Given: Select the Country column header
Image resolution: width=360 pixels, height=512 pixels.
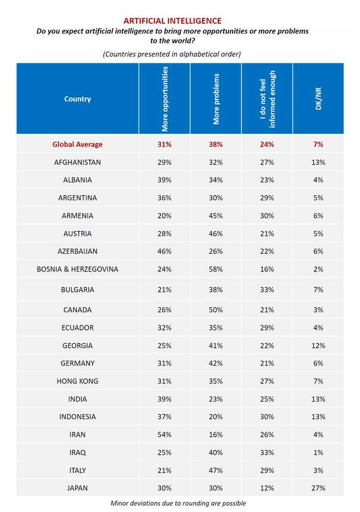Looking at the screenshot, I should pyautogui.click(x=77, y=99).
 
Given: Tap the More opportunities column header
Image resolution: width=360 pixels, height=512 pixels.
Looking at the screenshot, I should pyautogui.click(x=165, y=98).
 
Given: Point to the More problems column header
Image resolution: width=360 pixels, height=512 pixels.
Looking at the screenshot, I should pyautogui.click(x=216, y=98).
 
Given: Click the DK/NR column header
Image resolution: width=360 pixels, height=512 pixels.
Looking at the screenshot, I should pyautogui.click(x=318, y=99).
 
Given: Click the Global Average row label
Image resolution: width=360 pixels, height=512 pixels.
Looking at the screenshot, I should pyautogui.click(x=77, y=144).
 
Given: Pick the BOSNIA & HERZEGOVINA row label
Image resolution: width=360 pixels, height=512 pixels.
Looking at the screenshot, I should pyautogui.click(x=77, y=269).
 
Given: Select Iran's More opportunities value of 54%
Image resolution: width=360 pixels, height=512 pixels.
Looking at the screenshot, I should pyautogui.click(x=164, y=435).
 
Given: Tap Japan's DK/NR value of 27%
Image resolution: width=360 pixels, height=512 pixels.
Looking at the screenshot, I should pyautogui.click(x=318, y=488).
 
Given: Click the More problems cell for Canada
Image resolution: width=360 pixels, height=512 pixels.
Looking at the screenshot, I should pyautogui.click(x=216, y=310).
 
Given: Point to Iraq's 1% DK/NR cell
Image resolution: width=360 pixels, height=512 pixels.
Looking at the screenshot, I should pyautogui.click(x=318, y=452).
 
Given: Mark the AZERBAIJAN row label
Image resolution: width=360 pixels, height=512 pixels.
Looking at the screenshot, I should pyautogui.click(x=77, y=251).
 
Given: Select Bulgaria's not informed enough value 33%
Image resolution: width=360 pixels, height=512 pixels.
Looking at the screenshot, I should pyautogui.click(x=267, y=290).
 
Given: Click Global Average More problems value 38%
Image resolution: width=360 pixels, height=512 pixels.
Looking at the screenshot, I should pyautogui.click(x=216, y=144).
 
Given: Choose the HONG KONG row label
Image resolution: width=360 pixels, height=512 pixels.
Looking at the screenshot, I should pyautogui.click(x=77, y=381).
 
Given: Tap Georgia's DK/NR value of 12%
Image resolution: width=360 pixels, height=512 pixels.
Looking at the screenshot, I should pyautogui.click(x=318, y=345).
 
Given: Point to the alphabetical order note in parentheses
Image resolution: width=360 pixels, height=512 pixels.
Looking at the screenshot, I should pyautogui.click(x=172, y=54).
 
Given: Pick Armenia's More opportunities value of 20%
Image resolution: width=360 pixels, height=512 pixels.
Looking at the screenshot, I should pyautogui.click(x=164, y=216).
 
